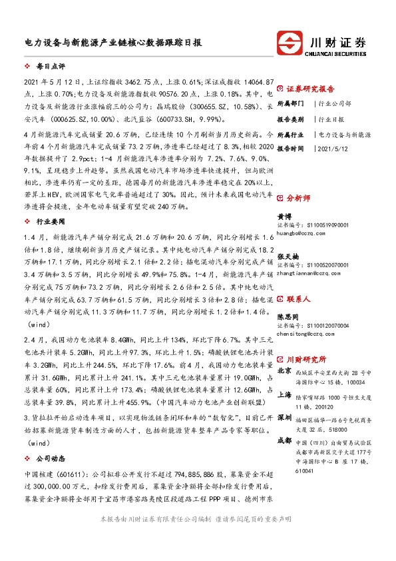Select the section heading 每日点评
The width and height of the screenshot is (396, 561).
(48, 67)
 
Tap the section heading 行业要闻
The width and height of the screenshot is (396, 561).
(48, 220)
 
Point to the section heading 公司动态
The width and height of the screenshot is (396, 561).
(48, 459)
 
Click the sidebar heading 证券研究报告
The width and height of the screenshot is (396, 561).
(310, 88)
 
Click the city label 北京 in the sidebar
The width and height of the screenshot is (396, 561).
(284, 371)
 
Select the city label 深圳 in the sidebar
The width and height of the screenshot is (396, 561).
(284, 416)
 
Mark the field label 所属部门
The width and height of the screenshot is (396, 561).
(290, 104)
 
